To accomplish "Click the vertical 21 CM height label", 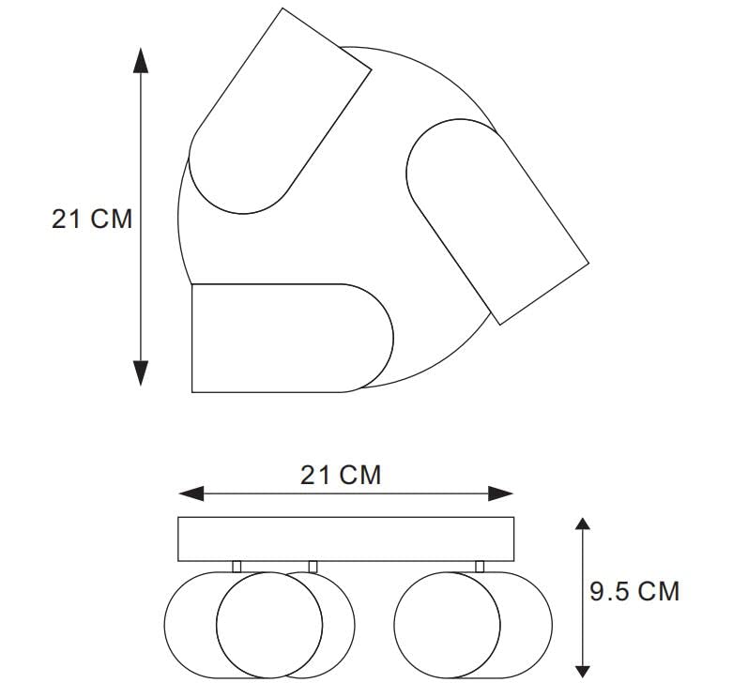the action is [x=92, y=219].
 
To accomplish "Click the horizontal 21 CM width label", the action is [x=341, y=475].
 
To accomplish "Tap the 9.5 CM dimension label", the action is [x=634, y=591].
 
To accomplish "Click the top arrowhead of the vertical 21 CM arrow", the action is [x=141, y=61].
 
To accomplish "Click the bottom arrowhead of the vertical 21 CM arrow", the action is [x=141, y=372].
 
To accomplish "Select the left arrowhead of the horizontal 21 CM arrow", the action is [x=191, y=493].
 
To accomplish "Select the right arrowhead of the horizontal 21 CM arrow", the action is [x=500, y=493].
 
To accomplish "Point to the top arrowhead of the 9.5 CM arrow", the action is [x=582, y=523].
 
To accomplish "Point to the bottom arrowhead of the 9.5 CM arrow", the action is [x=582, y=672].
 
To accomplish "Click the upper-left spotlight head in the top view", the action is [x=280, y=112].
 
